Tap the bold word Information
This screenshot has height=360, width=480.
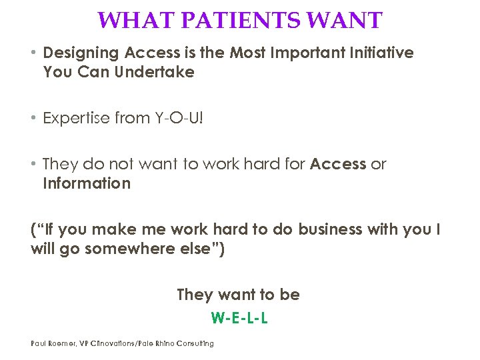(87, 183)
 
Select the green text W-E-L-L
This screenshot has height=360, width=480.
(239, 318)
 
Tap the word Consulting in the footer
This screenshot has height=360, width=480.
(197, 343)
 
